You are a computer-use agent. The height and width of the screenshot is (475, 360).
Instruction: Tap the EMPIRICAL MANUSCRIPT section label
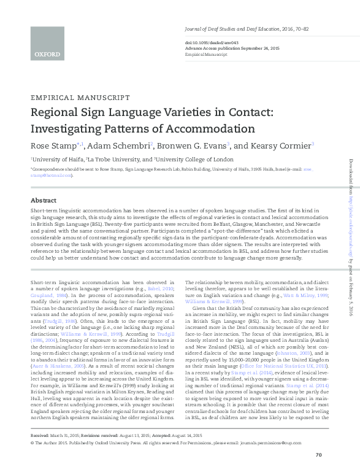[80, 98]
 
